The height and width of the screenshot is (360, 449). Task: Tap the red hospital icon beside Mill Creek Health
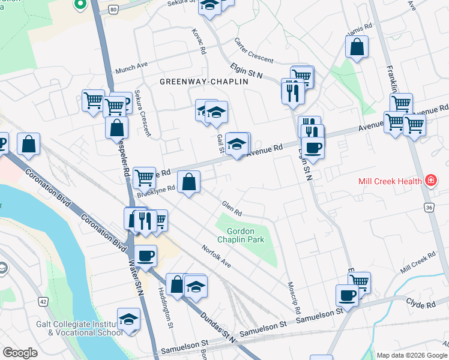click(430, 180)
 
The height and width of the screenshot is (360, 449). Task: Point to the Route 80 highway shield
click(113, 10)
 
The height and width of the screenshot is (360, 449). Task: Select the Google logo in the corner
click(20, 353)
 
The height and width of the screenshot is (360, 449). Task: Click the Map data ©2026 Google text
click(411, 355)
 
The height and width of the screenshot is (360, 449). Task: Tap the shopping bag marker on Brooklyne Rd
click(189, 182)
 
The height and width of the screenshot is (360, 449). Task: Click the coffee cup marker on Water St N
click(145, 257)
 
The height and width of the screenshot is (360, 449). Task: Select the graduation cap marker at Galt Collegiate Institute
click(128, 320)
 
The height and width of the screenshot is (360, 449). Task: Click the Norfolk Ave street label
click(216, 256)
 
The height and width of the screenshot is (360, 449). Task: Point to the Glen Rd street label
click(232, 209)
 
